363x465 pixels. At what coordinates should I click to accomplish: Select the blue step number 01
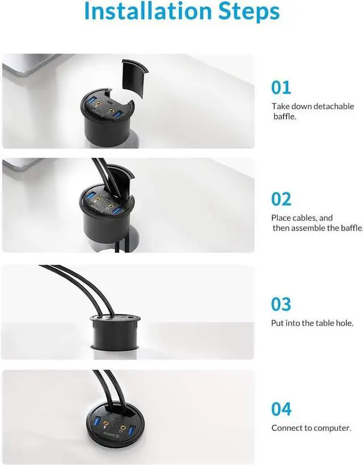pyautogui.click(x=281, y=87)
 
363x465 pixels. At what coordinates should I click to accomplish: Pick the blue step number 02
pyautogui.click(x=281, y=199)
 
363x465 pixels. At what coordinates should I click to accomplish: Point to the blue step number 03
pyautogui.click(x=281, y=304)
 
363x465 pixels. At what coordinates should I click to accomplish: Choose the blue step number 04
pyautogui.click(x=281, y=409)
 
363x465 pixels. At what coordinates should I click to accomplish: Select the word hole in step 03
pyautogui.click(x=344, y=323)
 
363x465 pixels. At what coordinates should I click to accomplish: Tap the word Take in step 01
pyautogui.click(x=280, y=106)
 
